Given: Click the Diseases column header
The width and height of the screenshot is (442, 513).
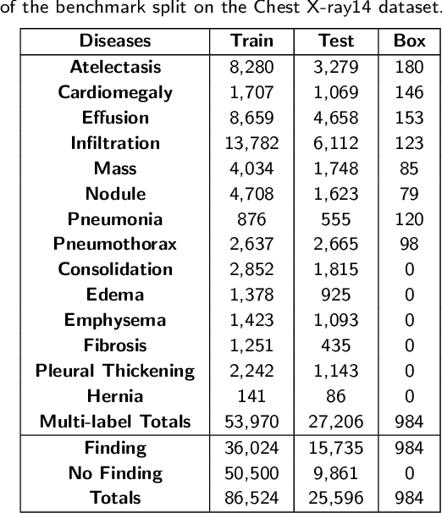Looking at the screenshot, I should click(x=115, y=41).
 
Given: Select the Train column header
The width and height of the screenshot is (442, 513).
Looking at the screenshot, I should click(x=251, y=41).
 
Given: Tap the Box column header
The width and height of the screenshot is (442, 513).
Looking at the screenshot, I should click(x=410, y=41).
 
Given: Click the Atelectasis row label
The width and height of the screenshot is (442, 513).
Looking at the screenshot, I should click(x=115, y=66).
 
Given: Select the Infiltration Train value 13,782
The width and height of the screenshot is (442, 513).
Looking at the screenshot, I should click(x=251, y=142).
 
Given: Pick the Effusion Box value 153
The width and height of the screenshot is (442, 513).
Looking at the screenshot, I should click(x=410, y=117).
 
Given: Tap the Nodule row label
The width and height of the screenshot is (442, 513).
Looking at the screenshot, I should click(x=115, y=193).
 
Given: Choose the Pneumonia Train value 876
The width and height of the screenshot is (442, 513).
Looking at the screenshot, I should click(x=251, y=218).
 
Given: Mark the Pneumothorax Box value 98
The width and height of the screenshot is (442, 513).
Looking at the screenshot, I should click(x=410, y=244).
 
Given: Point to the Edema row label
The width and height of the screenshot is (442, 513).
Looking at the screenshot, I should click(x=115, y=295).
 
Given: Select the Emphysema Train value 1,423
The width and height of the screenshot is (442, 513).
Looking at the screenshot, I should click(x=251, y=320).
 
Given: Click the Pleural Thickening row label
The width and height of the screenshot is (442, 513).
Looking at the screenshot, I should click(x=115, y=371).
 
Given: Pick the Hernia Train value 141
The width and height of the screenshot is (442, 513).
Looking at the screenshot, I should click(x=251, y=396).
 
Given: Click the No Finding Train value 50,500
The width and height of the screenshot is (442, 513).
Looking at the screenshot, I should click(x=251, y=472).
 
